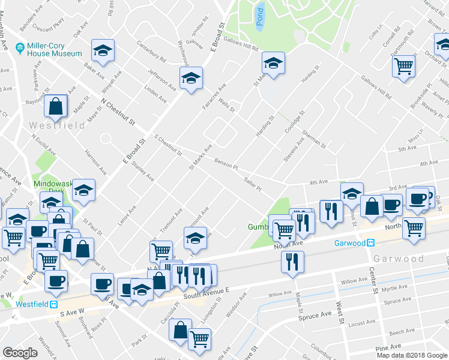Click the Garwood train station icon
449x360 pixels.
(372, 243)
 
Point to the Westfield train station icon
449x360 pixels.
(54, 304)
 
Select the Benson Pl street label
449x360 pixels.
(226, 163)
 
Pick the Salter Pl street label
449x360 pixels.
(253, 183)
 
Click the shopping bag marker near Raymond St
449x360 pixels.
(56, 106)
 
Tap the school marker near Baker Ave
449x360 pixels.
(103, 50)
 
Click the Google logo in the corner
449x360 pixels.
(20, 352)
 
